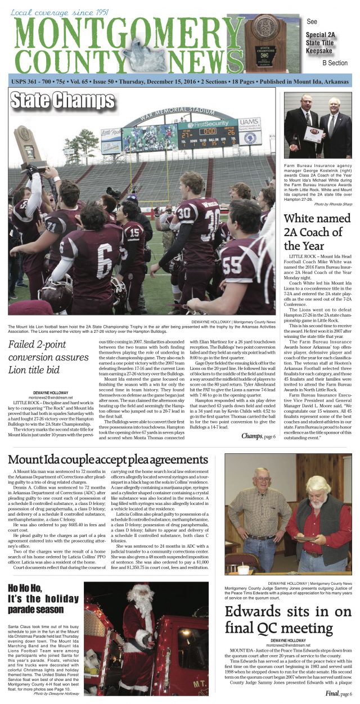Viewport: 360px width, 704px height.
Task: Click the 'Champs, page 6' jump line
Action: coord(258,436)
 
